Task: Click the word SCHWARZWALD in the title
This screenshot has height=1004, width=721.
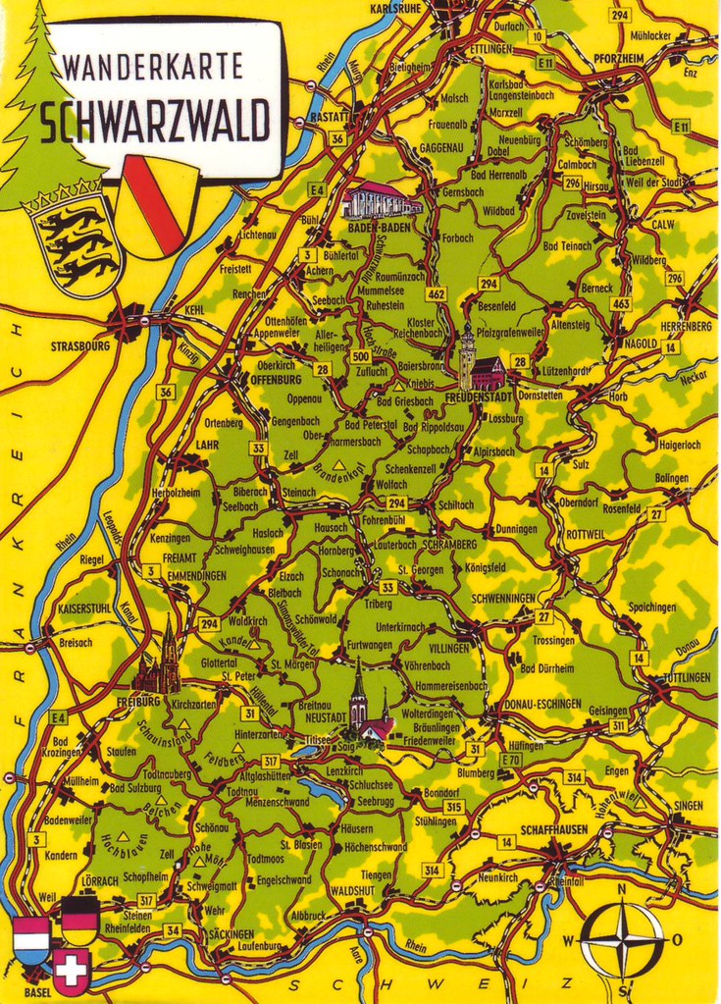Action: point(155,122)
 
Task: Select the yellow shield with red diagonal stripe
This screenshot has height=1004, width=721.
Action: point(158,207)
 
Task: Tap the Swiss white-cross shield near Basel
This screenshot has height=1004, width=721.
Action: point(71,972)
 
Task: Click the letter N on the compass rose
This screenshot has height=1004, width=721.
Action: point(621,891)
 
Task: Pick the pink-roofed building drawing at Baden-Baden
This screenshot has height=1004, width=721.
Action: point(380,200)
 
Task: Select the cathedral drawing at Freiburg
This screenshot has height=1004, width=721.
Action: point(161,660)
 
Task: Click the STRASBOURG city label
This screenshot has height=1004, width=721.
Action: point(80,346)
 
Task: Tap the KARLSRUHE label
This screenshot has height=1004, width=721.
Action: point(394,9)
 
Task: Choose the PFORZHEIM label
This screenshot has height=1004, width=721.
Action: point(617,59)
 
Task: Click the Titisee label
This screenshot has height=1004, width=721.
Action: point(317,741)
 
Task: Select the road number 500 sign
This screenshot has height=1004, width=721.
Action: point(360,356)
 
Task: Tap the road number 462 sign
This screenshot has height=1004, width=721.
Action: point(436,293)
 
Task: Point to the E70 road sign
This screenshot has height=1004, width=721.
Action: point(511,760)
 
